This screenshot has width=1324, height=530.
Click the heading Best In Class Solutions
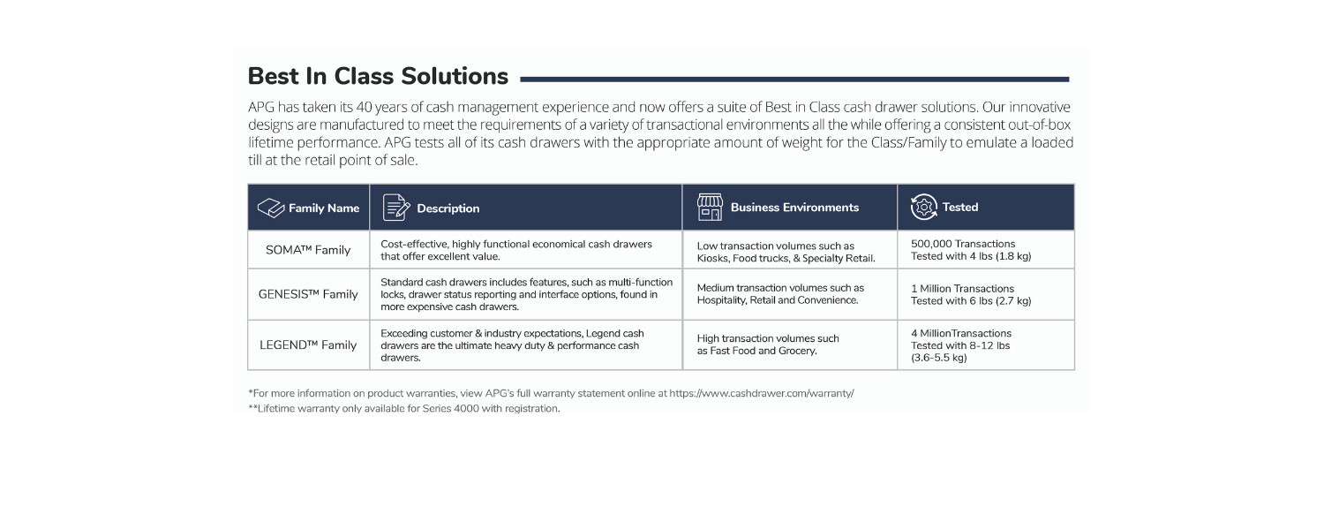(378, 76)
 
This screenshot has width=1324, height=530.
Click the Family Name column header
(324, 208)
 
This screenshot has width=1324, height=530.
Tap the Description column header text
(448, 208)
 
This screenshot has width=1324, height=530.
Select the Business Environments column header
(794, 208)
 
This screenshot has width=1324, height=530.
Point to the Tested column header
(960, 208)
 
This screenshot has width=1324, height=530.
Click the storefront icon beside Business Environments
(710, 208)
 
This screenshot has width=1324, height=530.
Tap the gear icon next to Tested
(923, 208)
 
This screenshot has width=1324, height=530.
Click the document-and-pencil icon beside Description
(395, 208)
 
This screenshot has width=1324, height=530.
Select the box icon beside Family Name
(270, 208)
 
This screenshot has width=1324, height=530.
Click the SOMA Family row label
(308, 250)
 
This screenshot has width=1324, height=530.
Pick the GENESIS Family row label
(308, 294)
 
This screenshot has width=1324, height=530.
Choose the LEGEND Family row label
(308, 344)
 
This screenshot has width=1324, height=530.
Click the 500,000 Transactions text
(963, 244)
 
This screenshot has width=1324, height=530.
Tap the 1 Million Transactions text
(962, 288)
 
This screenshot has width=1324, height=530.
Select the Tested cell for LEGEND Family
(960, 345)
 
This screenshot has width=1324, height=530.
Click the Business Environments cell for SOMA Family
(786, 252)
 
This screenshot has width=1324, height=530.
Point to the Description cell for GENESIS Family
(526, 294)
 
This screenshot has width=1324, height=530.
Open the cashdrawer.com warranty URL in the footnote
(761, 393)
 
